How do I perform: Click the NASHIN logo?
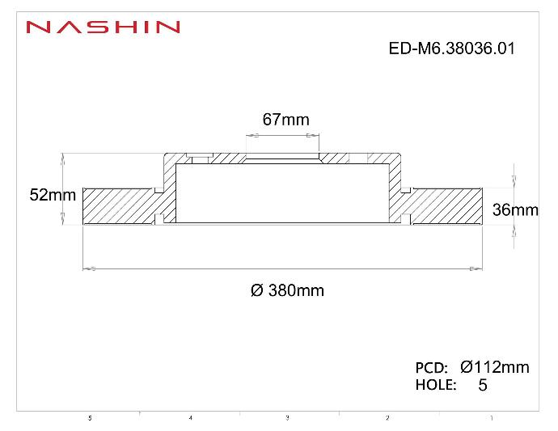(x=102, y=27)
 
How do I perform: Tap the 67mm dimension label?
(x=285, y=120)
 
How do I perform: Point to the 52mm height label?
(x=52, y=195)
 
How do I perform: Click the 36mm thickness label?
(x=514, y=210)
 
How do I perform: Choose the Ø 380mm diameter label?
(x=287, y=290)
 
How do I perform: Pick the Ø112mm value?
(x=494, y=367)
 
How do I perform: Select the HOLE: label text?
(x=436, y=385)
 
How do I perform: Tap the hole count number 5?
(x=483, y=386)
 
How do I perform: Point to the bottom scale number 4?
(x=190, y=418)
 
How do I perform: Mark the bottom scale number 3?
(x=288, y=418)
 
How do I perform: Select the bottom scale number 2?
(x=387, y=418)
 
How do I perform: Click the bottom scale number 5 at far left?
(x=90, y=418)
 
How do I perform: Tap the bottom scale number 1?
(x=491, y=418)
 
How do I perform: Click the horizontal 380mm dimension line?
(x=283, y=268)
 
